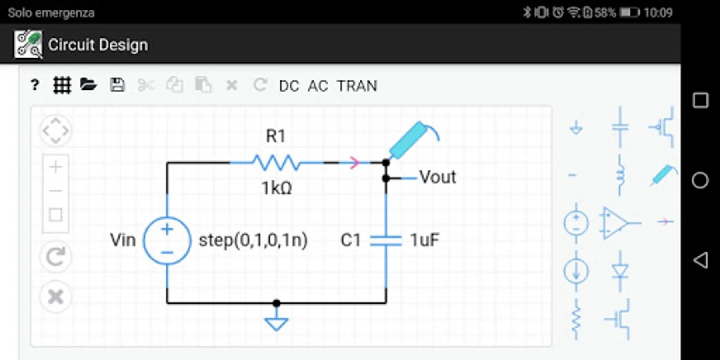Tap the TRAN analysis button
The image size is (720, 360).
[357, 86]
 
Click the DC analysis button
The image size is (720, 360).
[289, 86]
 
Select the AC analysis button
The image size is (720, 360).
[318, 86]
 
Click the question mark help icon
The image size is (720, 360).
[35, 85]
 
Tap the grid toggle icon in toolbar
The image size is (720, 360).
[62, 85]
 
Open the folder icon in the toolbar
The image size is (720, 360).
[88, 85]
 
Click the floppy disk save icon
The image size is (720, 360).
[117, 85]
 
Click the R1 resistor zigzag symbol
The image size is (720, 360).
[276, 162]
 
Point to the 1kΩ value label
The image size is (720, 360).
[276, 188]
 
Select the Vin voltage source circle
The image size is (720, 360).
[167, 240]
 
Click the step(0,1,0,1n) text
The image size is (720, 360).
[253, 240]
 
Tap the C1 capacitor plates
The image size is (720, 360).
[386, 240]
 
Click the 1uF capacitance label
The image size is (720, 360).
[424, 240]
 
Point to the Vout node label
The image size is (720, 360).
[438, 177]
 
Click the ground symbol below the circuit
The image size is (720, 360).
[276, 322]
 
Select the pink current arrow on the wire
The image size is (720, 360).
[354, 163]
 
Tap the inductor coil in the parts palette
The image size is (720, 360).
[620, 176]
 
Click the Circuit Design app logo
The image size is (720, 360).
[28, 44]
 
